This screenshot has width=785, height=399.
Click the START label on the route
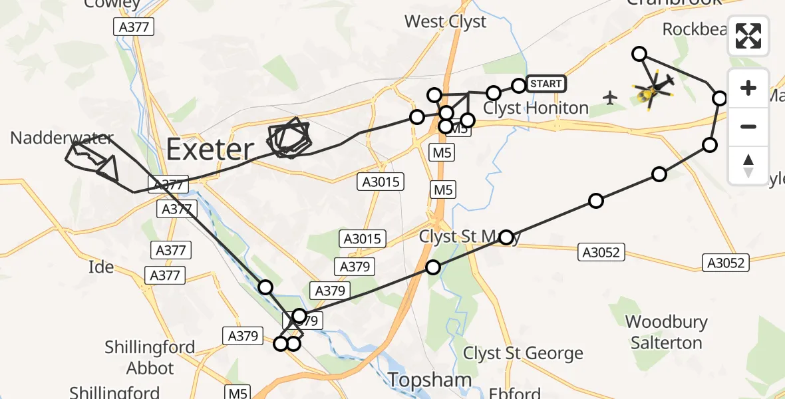click(546, 84)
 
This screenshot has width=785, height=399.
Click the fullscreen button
click(748, 36)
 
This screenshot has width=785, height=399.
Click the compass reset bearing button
click(748, 166)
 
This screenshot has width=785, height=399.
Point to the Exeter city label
click(210, 150)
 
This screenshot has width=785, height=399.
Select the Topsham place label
click(430, 380)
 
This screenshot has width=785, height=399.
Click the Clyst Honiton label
click(536, 108)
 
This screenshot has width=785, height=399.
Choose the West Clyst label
click(445, 22)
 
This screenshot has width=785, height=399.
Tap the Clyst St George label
click(523, 353)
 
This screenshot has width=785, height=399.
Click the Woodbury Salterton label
click(666, 332)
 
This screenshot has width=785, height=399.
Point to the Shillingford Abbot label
click(150, 357)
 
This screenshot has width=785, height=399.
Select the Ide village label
click(101, 267)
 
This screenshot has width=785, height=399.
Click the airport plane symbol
click(609, 98)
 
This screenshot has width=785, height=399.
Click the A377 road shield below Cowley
click(134, 27)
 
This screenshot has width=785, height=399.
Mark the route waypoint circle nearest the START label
click(518, 85)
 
